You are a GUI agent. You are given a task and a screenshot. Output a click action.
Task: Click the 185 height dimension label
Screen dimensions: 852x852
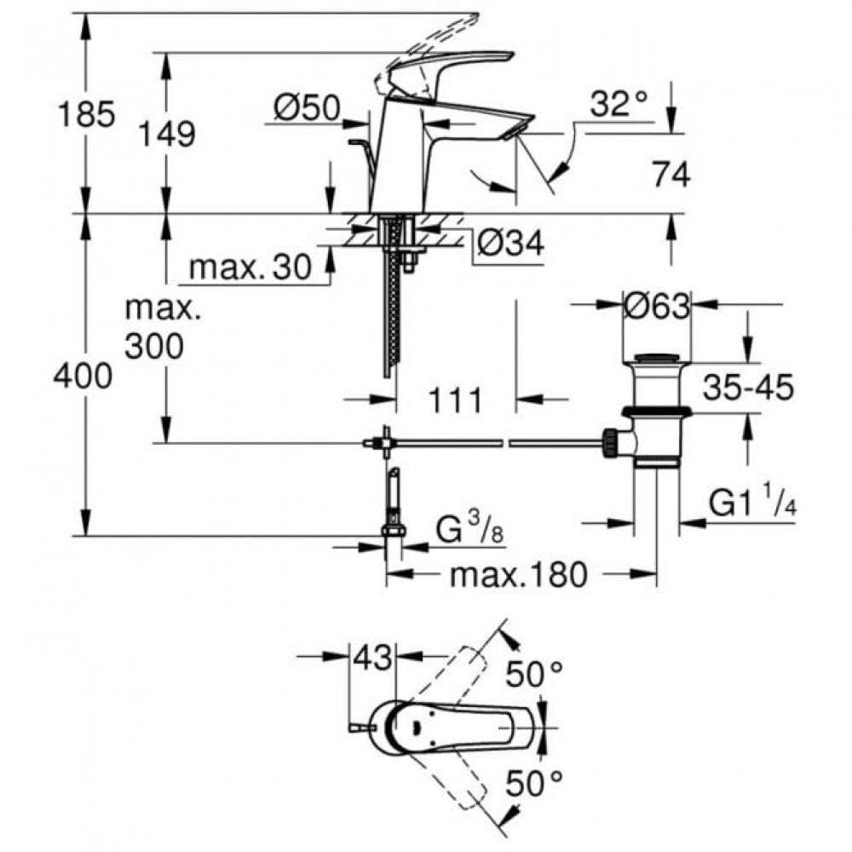(x=84, y=113)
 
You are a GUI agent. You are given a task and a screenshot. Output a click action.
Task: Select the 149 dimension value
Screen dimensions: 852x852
(x=167, y=133)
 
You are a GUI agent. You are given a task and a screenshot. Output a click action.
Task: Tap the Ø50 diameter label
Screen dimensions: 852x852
(x=307, y=107)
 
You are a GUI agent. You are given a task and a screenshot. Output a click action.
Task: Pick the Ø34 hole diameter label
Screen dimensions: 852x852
(x=509, y=245)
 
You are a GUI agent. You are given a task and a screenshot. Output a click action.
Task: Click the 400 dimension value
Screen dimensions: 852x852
(x=83, y=375)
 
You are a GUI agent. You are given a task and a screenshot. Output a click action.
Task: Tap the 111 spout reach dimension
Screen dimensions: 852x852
(x=455, y=400)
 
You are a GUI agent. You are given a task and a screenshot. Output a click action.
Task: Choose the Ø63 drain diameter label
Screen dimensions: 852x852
(x=656, y=306)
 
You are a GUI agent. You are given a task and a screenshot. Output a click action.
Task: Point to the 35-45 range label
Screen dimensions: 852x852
(x=748, y=388)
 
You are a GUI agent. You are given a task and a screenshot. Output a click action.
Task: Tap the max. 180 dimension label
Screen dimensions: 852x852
(x=518, y=575)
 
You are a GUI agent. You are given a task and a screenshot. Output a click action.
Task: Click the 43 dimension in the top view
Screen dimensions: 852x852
(x=374, y=658)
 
